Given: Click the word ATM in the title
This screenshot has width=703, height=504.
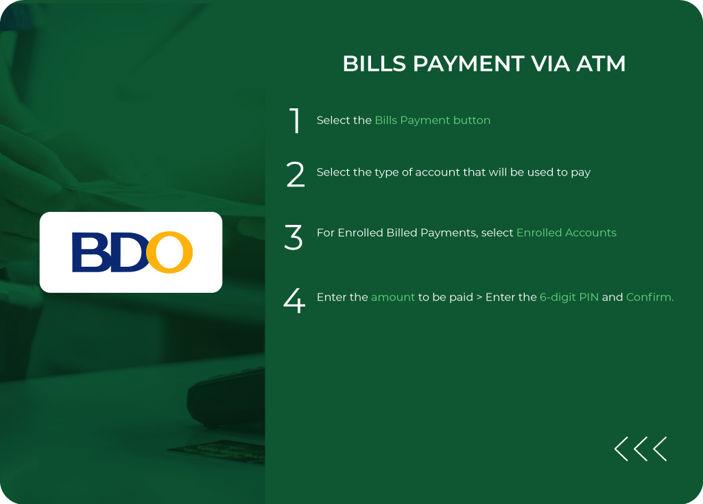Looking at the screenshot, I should point(601,64).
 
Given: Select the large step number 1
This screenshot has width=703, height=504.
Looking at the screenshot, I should point(295,121).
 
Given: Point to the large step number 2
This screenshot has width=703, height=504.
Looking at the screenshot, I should point(295,174).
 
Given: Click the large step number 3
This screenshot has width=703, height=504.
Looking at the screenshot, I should point(294,237).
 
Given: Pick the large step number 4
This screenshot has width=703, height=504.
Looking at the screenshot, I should point(294,301).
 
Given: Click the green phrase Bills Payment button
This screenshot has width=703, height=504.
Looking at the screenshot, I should point(432,120).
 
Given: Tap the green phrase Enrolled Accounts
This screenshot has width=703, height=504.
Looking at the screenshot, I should point(566,232).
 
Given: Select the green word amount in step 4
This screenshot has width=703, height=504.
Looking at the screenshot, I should point(393,297).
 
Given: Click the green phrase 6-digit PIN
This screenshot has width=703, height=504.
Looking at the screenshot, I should point(569,297).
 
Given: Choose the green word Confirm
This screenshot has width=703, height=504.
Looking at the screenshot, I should point(650,297).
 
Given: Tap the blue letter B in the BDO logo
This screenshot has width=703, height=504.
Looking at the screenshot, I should point(89,252).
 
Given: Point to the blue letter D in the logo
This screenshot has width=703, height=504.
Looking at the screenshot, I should point(128,252).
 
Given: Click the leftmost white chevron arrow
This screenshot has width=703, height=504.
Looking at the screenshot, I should point(621,448).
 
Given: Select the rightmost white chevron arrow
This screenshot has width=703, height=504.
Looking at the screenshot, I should point(660,448).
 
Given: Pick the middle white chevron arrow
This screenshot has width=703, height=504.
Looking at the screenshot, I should point(641,448).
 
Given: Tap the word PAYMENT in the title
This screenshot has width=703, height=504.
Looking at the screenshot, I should point(467,64).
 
